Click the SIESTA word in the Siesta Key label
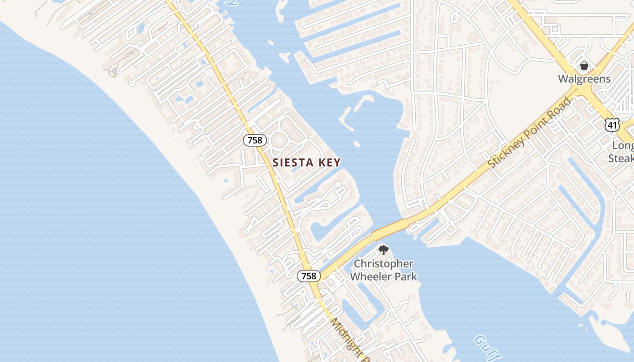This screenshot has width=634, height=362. tap(293, 162)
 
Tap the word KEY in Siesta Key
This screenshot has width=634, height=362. tap(328, 162)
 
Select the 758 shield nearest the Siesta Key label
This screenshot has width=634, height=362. tap(255, 140)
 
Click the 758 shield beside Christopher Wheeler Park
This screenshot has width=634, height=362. tap(308, 276)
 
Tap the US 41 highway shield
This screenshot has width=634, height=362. tap(612, 125)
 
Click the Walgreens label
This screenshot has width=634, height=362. tap(584, 79)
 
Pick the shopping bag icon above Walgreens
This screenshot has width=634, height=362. tap(584, 66)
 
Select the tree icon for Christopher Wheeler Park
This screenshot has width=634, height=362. tap(383, 250)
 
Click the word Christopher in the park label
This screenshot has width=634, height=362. tap(384, 263)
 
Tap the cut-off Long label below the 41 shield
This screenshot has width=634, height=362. tap(623, 146)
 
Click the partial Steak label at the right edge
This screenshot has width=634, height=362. tap(621, 158)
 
